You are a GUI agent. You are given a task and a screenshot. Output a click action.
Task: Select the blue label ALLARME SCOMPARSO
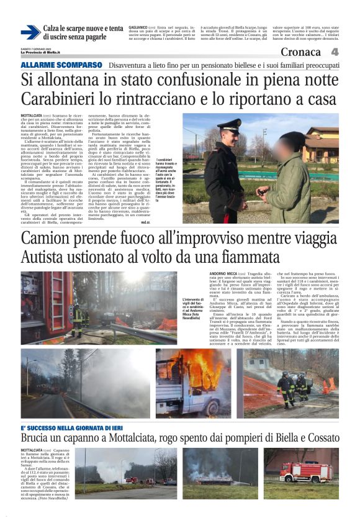(61, 65)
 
